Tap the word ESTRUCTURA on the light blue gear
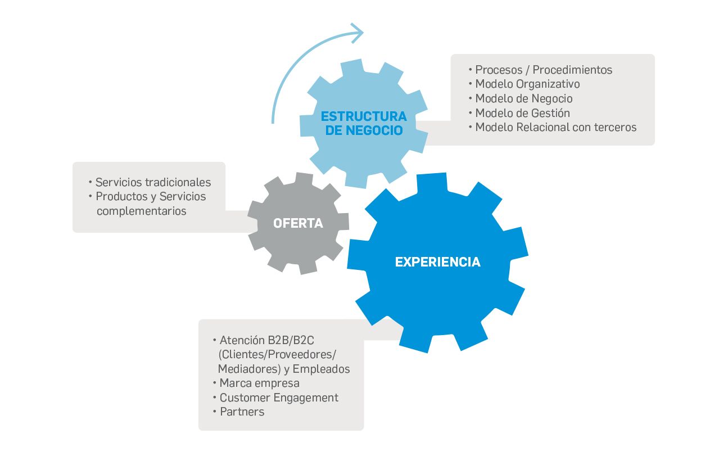[x=364, y=116]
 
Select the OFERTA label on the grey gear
[x=298, y=223]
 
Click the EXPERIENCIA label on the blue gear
[x=437, y=262]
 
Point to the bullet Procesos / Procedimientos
[x=543, y=70]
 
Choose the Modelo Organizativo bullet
[x=527, y=84]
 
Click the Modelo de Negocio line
[x=523, y=98]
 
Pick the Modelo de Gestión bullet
[x=522, y=113]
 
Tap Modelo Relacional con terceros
[x=555, y=127]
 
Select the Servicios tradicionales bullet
[x=153, y=182]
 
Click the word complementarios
[x=141, y=211]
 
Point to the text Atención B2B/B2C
[x=266, y=340]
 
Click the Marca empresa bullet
[x=259, y=383]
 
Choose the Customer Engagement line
[x=279, y=398]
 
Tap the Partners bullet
[x=242, y=412]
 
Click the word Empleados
[x=321, y=369]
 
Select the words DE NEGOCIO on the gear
[x=364, y=130]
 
